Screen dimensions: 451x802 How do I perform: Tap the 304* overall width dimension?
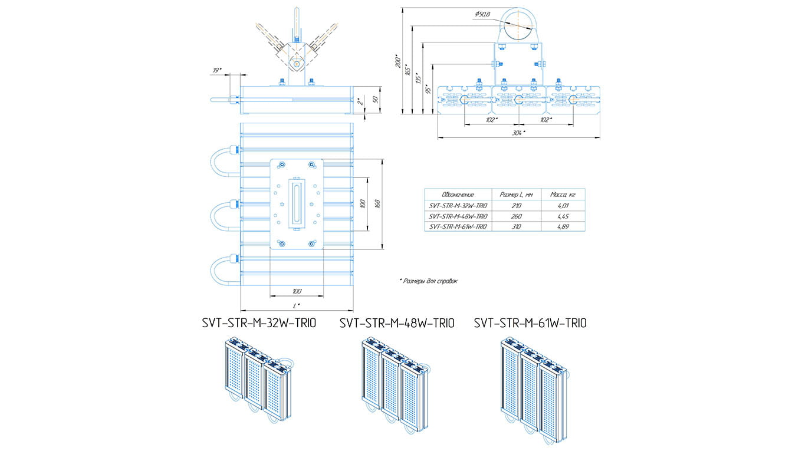pyautogui.click(x=519, y=133)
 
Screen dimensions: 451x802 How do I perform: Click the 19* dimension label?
pyautogui.click(x=217, y=71)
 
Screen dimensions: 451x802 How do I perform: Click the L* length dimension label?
pyautogui.click(x=296, y=305)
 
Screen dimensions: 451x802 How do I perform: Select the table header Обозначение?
pyautogui.click(x=458, y=195)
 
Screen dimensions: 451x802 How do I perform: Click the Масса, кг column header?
pyautogui.click(x=563, y=195)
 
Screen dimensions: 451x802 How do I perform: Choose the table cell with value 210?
pyautogui.click(x=516, y=205)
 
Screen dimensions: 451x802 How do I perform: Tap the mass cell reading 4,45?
pyautogui.click(x=563, y=216)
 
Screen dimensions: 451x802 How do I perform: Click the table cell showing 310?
pyautogui.click(x=516, y=226)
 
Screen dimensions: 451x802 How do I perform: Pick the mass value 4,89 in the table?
pyautogui.click(x=563, y=226)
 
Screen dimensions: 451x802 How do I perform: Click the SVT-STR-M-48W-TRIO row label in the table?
pyautogui.click(x=458, y=216)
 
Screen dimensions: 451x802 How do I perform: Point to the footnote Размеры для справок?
pyautogui.click(x=429, y=281)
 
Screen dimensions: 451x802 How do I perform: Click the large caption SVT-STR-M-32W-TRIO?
pyautogui.click(x=259, y=323)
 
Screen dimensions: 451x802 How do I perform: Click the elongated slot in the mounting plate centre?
pyautogui.click(x=295, y=202)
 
